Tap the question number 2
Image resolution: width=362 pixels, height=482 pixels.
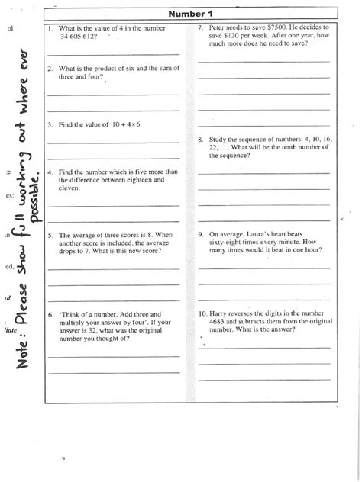pos(50,68)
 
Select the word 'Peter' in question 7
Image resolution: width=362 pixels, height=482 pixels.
pos(217,27)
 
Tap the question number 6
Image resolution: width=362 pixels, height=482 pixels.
pos(50,313)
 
